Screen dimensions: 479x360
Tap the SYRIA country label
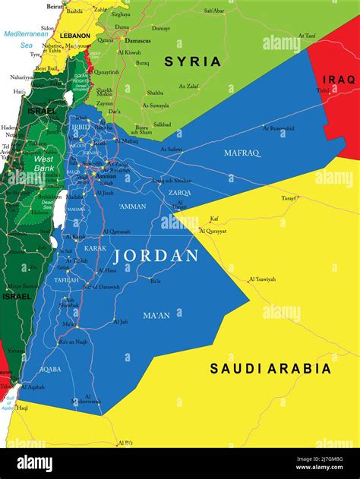tap(193, 61)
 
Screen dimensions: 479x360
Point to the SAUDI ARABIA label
tap(270, 369)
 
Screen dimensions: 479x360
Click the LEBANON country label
tap(74, 36)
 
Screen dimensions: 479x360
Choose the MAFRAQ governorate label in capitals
tap(242, 153)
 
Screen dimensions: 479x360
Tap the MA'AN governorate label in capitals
tap(157, 315)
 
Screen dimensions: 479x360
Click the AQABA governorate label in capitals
tap(50, 369)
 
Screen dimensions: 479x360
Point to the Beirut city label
tap(55, 5)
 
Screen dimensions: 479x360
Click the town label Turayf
tap(289, 197)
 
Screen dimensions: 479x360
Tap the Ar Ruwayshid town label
tap(279, 128)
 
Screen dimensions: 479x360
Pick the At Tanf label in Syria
tap(306, 35)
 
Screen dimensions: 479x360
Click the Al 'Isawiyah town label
tap(263, 279)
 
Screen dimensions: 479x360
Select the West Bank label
tap(43, 163)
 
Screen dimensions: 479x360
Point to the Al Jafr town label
tap(120, 321)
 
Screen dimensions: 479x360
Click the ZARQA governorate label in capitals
tap(180, 193)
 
